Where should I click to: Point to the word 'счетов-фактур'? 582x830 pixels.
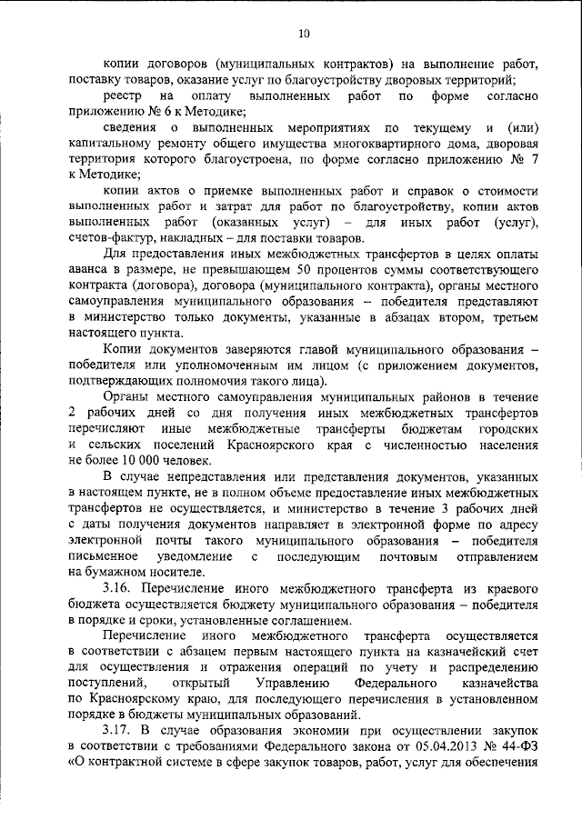(105, 237)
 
